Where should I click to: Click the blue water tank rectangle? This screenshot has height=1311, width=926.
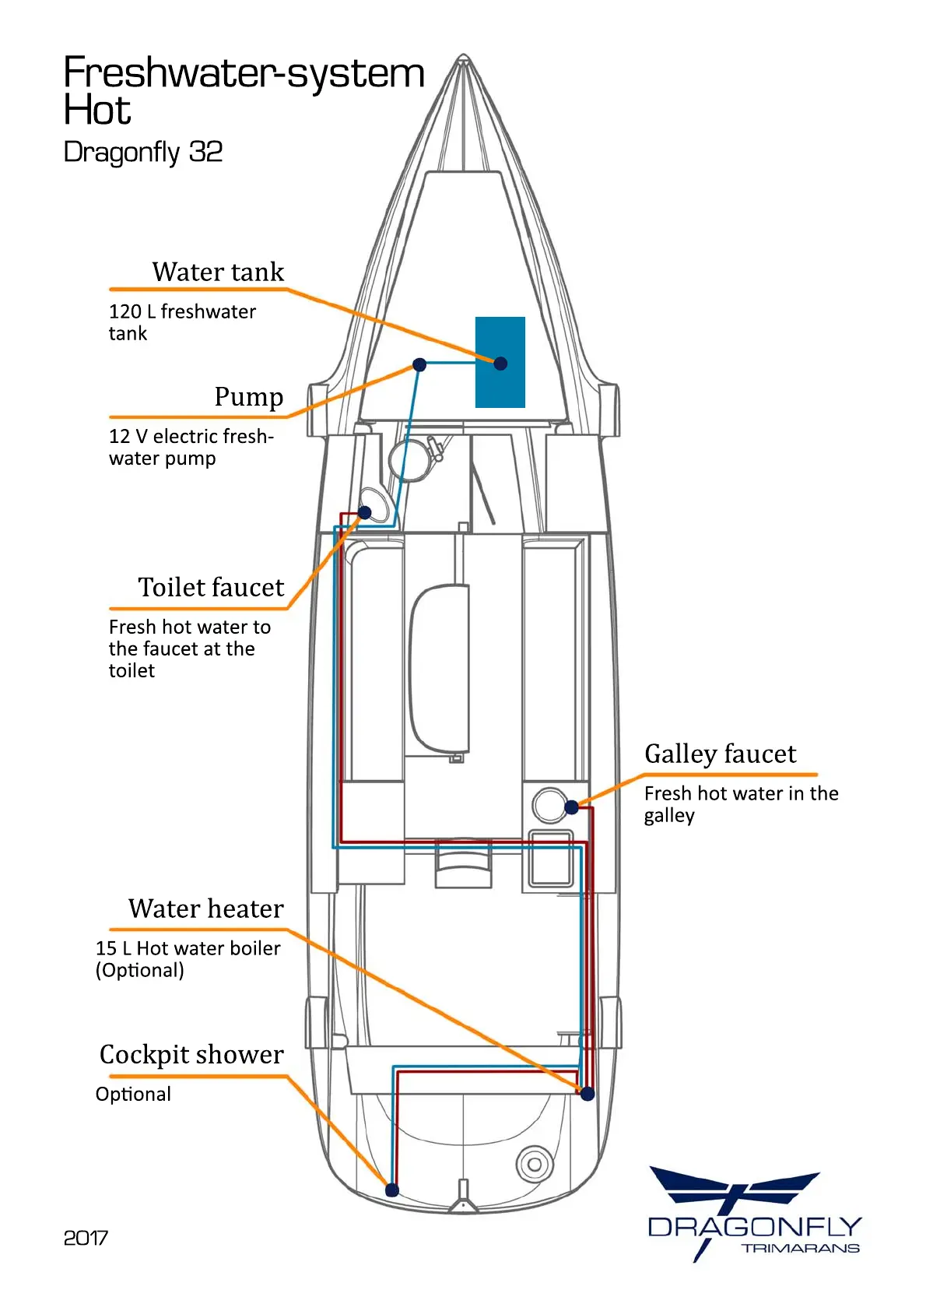(500, 362)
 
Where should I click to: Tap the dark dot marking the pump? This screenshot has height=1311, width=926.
(419, 364)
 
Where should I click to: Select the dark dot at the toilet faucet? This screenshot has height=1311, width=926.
(364, 512)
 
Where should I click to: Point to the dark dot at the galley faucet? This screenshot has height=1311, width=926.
(571, 807)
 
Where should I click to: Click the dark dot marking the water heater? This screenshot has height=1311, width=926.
(588, 1094)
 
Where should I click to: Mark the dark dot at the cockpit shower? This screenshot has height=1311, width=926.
(392, 1190)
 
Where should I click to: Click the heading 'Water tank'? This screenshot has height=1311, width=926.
(218, 272)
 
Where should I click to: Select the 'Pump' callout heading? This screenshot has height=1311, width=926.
(249, 396)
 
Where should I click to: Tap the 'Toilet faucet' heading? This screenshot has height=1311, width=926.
(211, 587)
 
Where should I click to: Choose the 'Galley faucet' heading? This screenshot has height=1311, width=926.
(720, 754)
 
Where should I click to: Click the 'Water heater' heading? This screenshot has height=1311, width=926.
(206, 909)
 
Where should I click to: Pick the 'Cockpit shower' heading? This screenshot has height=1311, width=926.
(191, 1054)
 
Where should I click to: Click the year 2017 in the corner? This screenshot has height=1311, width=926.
(86, 1238)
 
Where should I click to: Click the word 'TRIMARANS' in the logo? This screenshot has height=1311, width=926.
(800, 1249)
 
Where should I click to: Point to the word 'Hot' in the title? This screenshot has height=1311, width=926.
(97, 111)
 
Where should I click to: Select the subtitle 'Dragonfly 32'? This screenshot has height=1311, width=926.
(143, 152)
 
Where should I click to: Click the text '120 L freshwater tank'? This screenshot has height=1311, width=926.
(182, 322)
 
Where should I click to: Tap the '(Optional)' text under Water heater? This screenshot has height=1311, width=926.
(140, 970)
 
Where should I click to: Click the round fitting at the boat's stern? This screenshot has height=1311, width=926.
(535, 1165)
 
